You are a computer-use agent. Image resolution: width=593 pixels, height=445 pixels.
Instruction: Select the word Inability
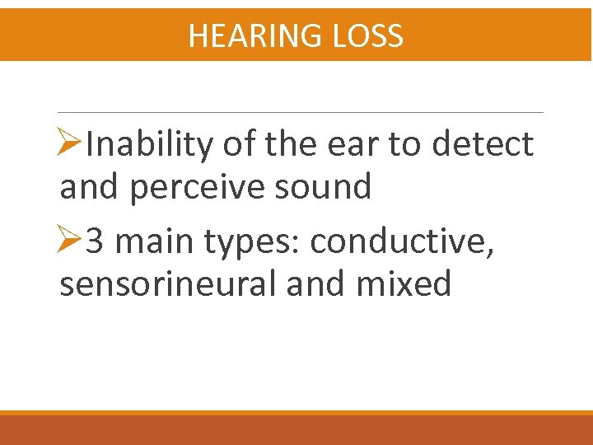click(151, 145)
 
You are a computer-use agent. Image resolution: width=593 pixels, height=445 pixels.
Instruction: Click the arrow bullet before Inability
click(71, 145)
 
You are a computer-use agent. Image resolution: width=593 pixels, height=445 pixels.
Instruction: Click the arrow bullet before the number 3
click(71, 242)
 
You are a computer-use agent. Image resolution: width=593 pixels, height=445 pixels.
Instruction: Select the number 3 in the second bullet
click(95, 242)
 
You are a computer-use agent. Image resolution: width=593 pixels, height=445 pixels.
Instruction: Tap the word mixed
click(404, 284)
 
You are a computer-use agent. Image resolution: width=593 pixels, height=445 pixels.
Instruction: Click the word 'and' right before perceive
click(90, 187)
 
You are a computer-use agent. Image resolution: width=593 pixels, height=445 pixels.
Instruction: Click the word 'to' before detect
click(404, 146)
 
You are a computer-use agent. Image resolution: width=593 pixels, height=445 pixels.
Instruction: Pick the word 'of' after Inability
click(239, 145)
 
